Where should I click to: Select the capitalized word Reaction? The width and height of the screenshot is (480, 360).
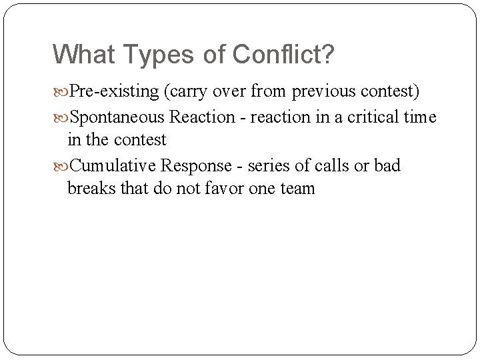click(203, 117)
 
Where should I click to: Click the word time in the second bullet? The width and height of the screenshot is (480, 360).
click(420, 117)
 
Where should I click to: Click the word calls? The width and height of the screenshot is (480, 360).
click(331, 165)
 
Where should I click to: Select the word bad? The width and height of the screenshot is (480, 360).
click(387, 165)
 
